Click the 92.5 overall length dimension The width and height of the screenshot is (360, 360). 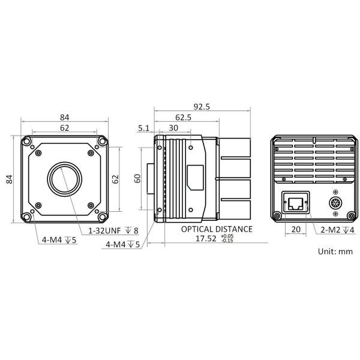[202, 107]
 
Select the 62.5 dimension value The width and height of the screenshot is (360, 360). [183, 118]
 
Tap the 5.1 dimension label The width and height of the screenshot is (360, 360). [143, 128]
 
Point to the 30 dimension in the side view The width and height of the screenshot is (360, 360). [173, 128]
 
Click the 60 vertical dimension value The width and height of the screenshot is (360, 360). [137, 178]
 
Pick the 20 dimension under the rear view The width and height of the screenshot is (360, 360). [296, 229]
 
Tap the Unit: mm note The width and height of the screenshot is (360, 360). [335, 251]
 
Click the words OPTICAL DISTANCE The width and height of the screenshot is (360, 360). [217, 229]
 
